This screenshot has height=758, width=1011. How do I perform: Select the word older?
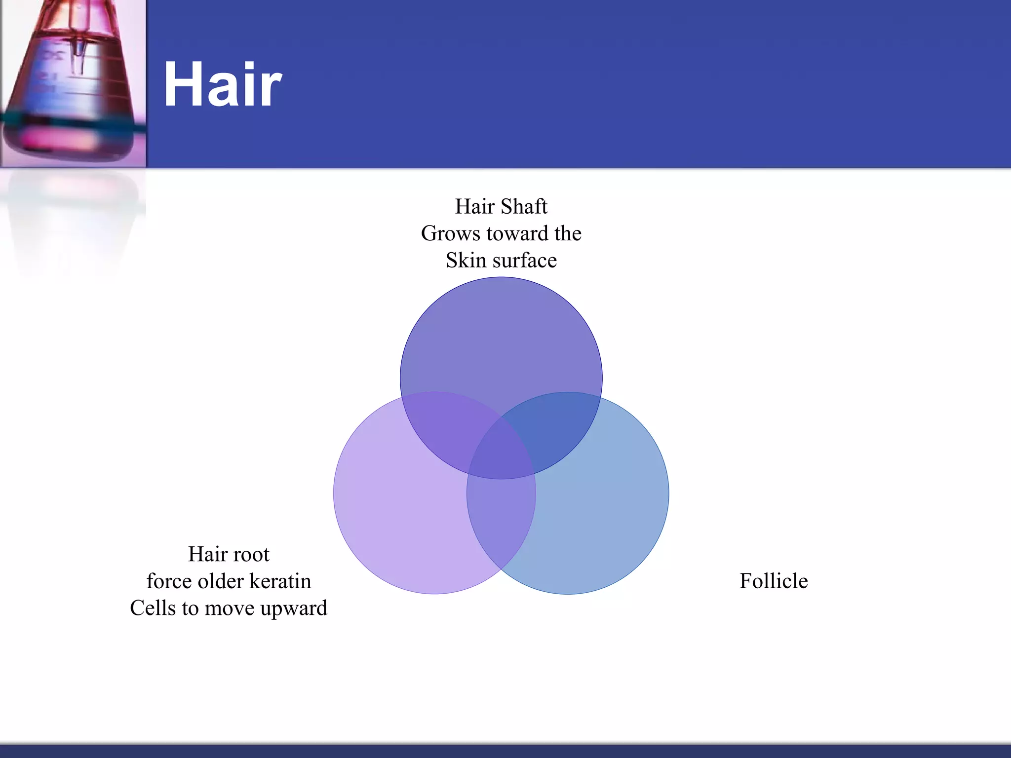pos(220,581)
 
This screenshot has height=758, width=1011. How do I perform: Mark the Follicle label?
pos(774,581)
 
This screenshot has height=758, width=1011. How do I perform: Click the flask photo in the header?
pos(73,83)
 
